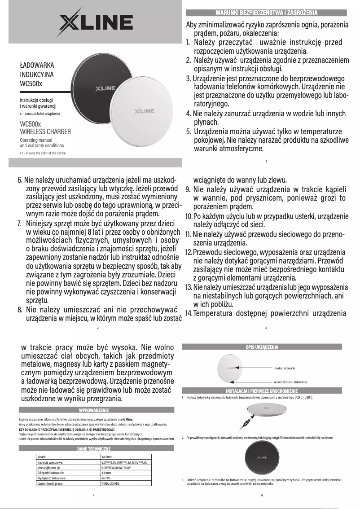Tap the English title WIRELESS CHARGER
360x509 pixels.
coord(45,132)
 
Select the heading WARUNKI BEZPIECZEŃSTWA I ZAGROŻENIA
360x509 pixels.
coord(267,12)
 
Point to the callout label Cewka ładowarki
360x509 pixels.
coord(284,368)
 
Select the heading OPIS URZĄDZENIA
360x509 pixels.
coord(262,347)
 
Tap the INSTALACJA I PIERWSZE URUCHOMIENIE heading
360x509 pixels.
coord(262,391)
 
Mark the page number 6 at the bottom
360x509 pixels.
coord(262,495)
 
